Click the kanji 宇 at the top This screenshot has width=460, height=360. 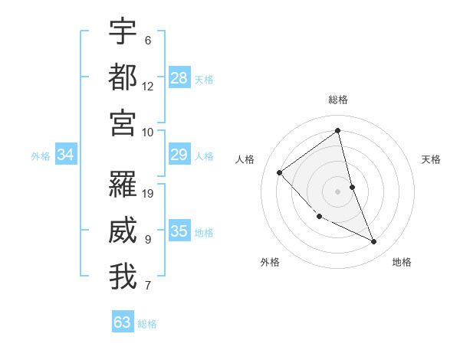[123, 31]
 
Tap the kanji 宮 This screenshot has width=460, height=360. [123, 122]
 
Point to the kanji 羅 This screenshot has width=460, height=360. [123, 184]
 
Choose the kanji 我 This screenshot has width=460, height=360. [123, 276]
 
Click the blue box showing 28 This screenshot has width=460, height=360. [179, 77]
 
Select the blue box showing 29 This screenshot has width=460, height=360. [179, 155]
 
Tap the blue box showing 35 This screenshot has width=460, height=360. [179, 231]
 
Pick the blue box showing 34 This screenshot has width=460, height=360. [66, 155]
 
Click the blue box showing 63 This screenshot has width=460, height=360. [123, 322]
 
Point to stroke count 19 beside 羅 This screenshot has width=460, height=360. [149, 193]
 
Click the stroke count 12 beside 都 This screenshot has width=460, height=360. [148, 86]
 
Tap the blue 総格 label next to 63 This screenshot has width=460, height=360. [147, 323]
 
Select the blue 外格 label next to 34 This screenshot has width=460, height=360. [41, 156]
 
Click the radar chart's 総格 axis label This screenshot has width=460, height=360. [338, 100]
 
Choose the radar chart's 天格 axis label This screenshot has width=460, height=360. [432, 159]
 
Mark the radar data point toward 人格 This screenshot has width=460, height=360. [280, 172]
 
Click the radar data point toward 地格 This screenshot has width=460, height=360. [373, 241]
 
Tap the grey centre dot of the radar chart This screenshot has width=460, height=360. [338, 191]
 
